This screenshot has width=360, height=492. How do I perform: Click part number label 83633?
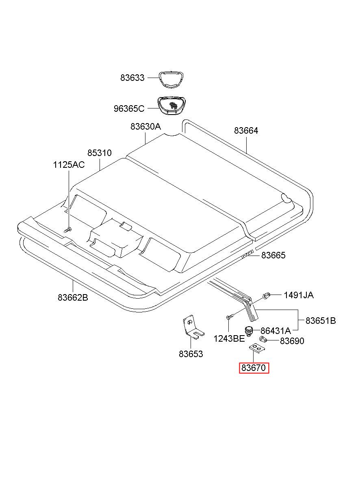click(132, 78)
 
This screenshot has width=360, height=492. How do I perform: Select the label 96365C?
click(129, 109)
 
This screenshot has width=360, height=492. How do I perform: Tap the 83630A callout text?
click(145, 127)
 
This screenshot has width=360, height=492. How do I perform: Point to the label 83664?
click(246, 131)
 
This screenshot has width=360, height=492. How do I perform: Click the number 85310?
click(100, 153)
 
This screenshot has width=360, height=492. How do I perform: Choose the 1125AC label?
click(69, 165)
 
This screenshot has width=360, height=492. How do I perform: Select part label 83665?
click(273, 255)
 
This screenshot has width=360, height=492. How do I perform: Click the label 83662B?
click(73, 297)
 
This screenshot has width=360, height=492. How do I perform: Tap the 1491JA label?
click(298, 295)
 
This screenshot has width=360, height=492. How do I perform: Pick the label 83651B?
click(321, 321)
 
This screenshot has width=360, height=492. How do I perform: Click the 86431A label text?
click(275, 331)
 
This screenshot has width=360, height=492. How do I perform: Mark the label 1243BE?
click(229, 338)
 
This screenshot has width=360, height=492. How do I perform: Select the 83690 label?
click(292, 341)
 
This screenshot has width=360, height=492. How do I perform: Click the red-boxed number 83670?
click(254, 368)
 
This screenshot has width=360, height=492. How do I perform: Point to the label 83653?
click(191, 354)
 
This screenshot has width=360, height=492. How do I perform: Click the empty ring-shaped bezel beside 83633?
click(171, 78)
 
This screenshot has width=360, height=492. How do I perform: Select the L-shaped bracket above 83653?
click(191, 327)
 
